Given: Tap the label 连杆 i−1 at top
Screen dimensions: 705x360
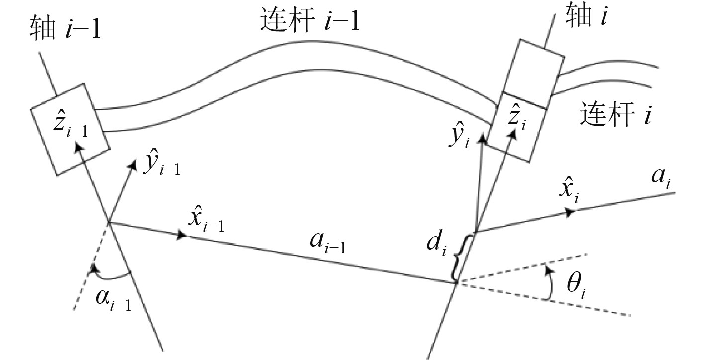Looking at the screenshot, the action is tap(309, 21).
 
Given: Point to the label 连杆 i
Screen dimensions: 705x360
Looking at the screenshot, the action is tap(616, 115).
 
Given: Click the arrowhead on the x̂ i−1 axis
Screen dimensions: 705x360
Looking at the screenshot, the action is tap(183, 234).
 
